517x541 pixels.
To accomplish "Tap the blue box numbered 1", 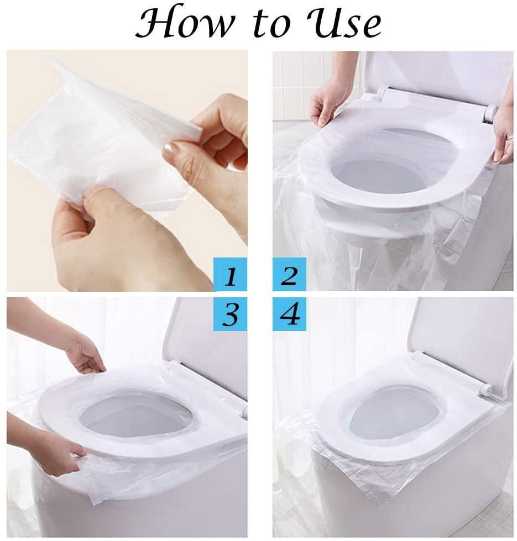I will (230, 275).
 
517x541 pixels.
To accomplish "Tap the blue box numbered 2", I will (289, 275).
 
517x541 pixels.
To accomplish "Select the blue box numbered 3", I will (230, 314).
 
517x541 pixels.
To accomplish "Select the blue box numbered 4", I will (289, 314).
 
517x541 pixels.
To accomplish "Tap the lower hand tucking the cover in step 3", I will (55, 453).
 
